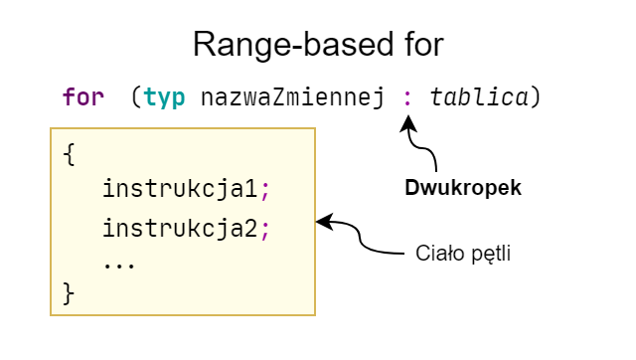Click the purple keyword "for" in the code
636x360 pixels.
82,97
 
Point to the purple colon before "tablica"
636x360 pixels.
406,97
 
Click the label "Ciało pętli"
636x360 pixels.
463,253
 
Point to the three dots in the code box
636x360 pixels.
118,264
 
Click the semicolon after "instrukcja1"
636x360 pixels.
265,188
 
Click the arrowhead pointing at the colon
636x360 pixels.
405,122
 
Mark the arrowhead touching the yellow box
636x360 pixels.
323,223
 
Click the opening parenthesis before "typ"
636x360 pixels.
136,97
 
